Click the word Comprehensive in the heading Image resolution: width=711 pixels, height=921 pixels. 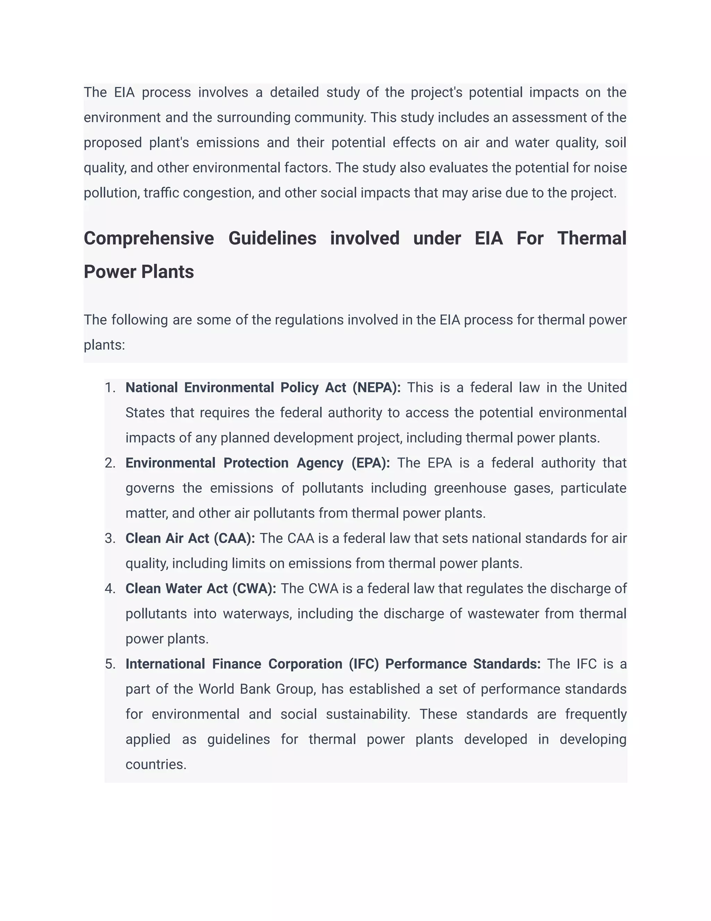pyautogui.click(x=149, y=239)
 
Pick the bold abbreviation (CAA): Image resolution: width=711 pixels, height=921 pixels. pyautogui.click(x=234, y=538)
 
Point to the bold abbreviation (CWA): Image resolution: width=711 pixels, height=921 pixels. pyautogui.click(x=254, y=589)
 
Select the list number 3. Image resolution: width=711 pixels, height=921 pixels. pyautogui.click(x=110, y=538)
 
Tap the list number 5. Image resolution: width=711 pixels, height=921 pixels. pyautogui.click(x=110, y=664)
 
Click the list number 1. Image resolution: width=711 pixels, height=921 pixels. pyautogui.click(x=110, y=388)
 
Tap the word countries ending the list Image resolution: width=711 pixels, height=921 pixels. pyautogui.click(x=156, y=765)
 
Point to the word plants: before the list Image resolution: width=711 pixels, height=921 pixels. pyautogui.click(x=104, y=345)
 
